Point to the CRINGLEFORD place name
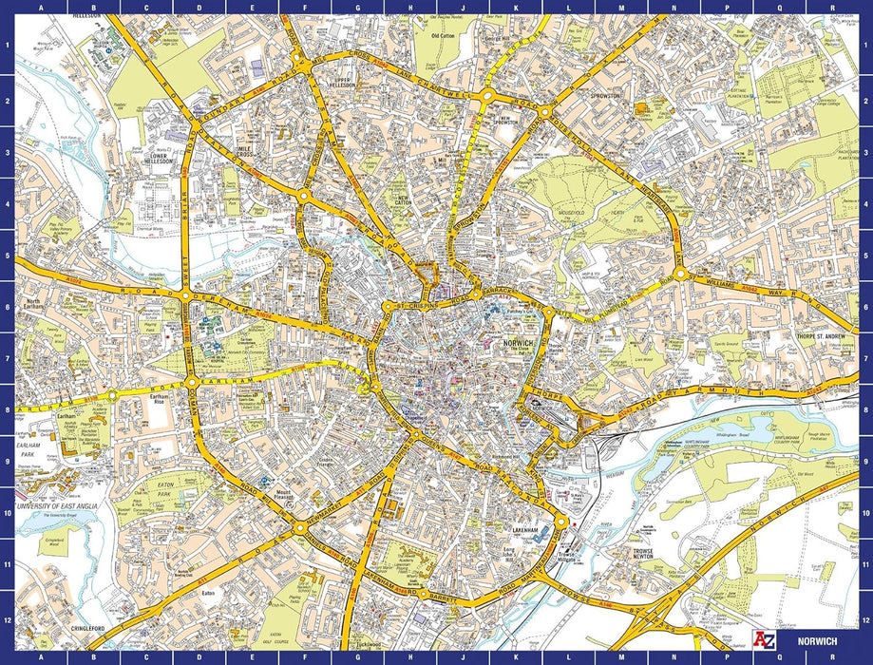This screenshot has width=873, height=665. coord(90,628)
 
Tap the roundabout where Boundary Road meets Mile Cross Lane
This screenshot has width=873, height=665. coord(300,62)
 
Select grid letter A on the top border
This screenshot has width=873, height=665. coord(39,8)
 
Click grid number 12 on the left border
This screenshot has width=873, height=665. coord(7,619)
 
